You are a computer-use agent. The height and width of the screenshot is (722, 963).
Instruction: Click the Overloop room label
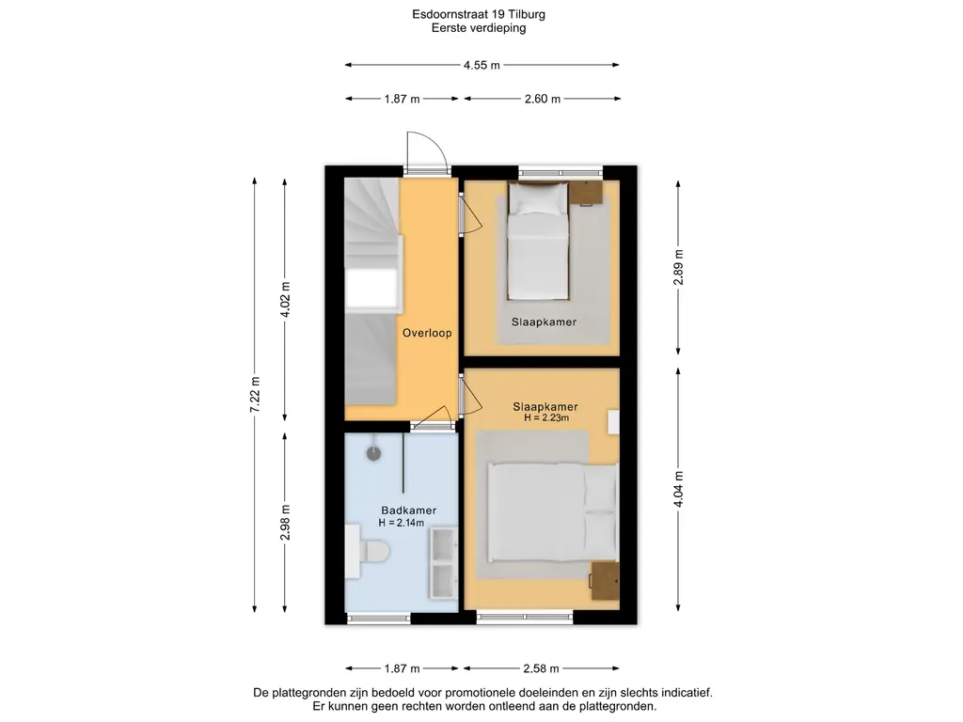pos(427,333)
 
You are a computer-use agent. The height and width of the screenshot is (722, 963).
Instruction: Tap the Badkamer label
pos(408,510)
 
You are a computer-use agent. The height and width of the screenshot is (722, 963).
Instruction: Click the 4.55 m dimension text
pos(481,65)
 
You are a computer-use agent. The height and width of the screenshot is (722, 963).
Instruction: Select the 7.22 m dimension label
pos(255,396)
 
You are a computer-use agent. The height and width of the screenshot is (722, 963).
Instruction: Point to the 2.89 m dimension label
pos(678,267)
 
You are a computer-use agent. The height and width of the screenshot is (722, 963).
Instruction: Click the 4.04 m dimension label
pos(678,489)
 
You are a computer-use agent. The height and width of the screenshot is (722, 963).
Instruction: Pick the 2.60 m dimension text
pos(543,99)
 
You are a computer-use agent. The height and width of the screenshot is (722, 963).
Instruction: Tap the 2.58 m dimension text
pos(541,668)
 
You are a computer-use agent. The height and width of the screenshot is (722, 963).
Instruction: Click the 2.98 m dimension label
pos(285,523)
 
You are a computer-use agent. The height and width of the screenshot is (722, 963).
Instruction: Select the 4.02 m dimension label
pos(285,300)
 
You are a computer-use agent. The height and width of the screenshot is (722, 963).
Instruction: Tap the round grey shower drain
pos(373,453)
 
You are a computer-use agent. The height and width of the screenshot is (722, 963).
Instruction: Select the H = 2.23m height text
pos(546,418)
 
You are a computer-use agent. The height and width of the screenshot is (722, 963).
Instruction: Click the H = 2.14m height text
pos(401,523)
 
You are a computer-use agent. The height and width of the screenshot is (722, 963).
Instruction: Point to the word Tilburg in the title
pos(527,14)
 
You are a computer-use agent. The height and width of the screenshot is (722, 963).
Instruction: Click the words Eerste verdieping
pos(479,27)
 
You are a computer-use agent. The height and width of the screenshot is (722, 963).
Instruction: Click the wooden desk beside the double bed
pos(605,581)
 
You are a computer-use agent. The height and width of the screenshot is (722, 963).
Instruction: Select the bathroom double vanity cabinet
pos(443,563)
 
